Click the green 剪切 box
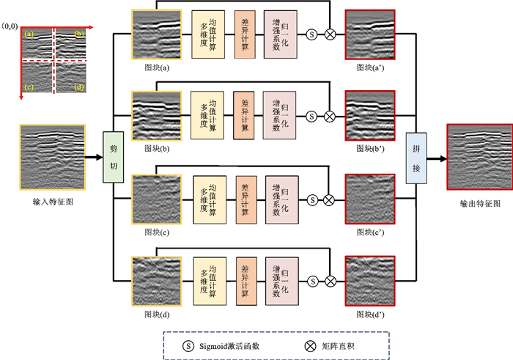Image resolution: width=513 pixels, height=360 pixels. tap(113, 157)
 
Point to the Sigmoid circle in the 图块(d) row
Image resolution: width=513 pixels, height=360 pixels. tap(313, 280)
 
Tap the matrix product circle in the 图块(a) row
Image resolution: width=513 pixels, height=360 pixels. tap(330, 34)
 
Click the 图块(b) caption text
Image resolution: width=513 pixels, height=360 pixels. tap(157, 148)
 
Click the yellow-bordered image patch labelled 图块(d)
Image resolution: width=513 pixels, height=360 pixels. tap(157, 280)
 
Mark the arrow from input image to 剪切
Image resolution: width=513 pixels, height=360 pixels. tap(93, 157)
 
